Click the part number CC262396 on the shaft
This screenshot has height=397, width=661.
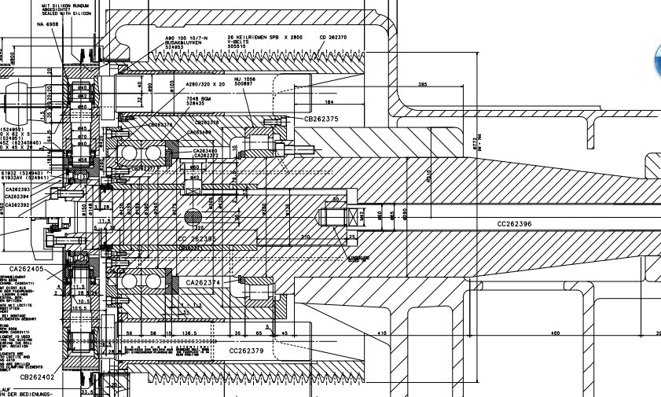click(514, 224)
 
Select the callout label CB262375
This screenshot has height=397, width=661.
click(321, 119)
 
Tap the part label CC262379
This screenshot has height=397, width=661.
click(246, 351)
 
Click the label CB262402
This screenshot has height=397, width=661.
click(37, 377)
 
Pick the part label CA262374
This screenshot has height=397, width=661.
click(203, 281)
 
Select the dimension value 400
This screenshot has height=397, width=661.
click(555, 333)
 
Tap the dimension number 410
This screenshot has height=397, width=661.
click(382, 333)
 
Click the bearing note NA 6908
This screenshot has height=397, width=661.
click(48, 24)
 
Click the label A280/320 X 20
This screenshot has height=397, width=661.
click(205, 84)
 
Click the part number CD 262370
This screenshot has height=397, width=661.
click(333, 37)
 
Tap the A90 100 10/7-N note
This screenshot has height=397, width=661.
click(185, 38)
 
